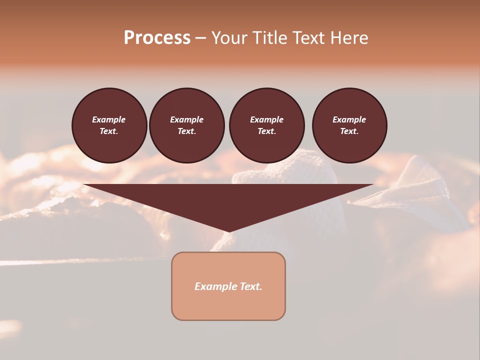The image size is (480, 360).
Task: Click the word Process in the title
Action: [x=157, y=38]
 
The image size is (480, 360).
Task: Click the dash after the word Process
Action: [x=200, y=39]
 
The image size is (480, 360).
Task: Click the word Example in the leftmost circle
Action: [x=109, y=119]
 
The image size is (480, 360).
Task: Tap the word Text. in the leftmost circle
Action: [x=109, y=131]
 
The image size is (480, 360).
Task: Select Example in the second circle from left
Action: [x=186, y=119]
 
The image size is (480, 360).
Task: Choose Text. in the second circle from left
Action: [x=186, y=131]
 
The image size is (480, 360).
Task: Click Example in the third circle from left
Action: [x=266, y=119]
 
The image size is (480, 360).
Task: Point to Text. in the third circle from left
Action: [x=266, y=131]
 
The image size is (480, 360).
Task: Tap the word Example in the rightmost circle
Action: [x=349, y=119]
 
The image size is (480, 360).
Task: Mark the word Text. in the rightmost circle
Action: [x=349, y=131]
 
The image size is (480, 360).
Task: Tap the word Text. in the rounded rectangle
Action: [x=250, y=286]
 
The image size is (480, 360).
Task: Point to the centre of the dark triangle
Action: [x=228, y=200]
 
